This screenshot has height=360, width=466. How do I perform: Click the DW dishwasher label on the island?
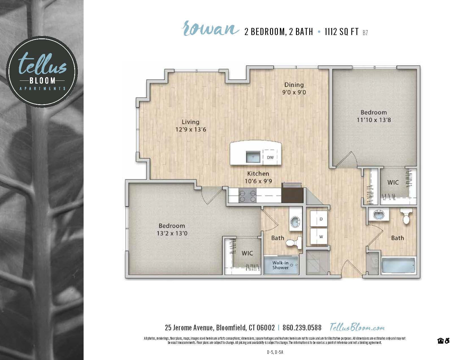pos(270,158)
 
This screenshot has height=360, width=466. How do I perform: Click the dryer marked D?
pos(321,219)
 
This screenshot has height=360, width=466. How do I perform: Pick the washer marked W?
pos(321,237)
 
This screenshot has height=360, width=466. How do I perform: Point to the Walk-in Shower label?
pos(280,265)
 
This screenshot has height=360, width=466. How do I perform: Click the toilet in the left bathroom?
pos(293,243)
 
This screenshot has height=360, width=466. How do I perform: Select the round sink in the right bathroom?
pos(378,215)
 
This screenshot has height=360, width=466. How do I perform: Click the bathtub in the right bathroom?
pos(399,265)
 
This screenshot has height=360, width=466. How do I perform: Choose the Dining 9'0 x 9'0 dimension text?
pos(294,92)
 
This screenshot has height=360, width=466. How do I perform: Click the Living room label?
pos(190,122)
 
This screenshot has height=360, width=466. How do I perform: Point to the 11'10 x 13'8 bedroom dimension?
pos(374,120)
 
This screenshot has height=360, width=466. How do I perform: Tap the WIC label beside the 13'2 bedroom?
pos(247,253)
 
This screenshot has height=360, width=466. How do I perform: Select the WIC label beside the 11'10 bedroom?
pos(393,182)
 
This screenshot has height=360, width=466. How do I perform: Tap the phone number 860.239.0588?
pos(302,328)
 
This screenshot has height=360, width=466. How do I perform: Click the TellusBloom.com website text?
pos(357,328)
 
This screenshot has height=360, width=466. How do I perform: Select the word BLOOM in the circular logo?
pos(42,81)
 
